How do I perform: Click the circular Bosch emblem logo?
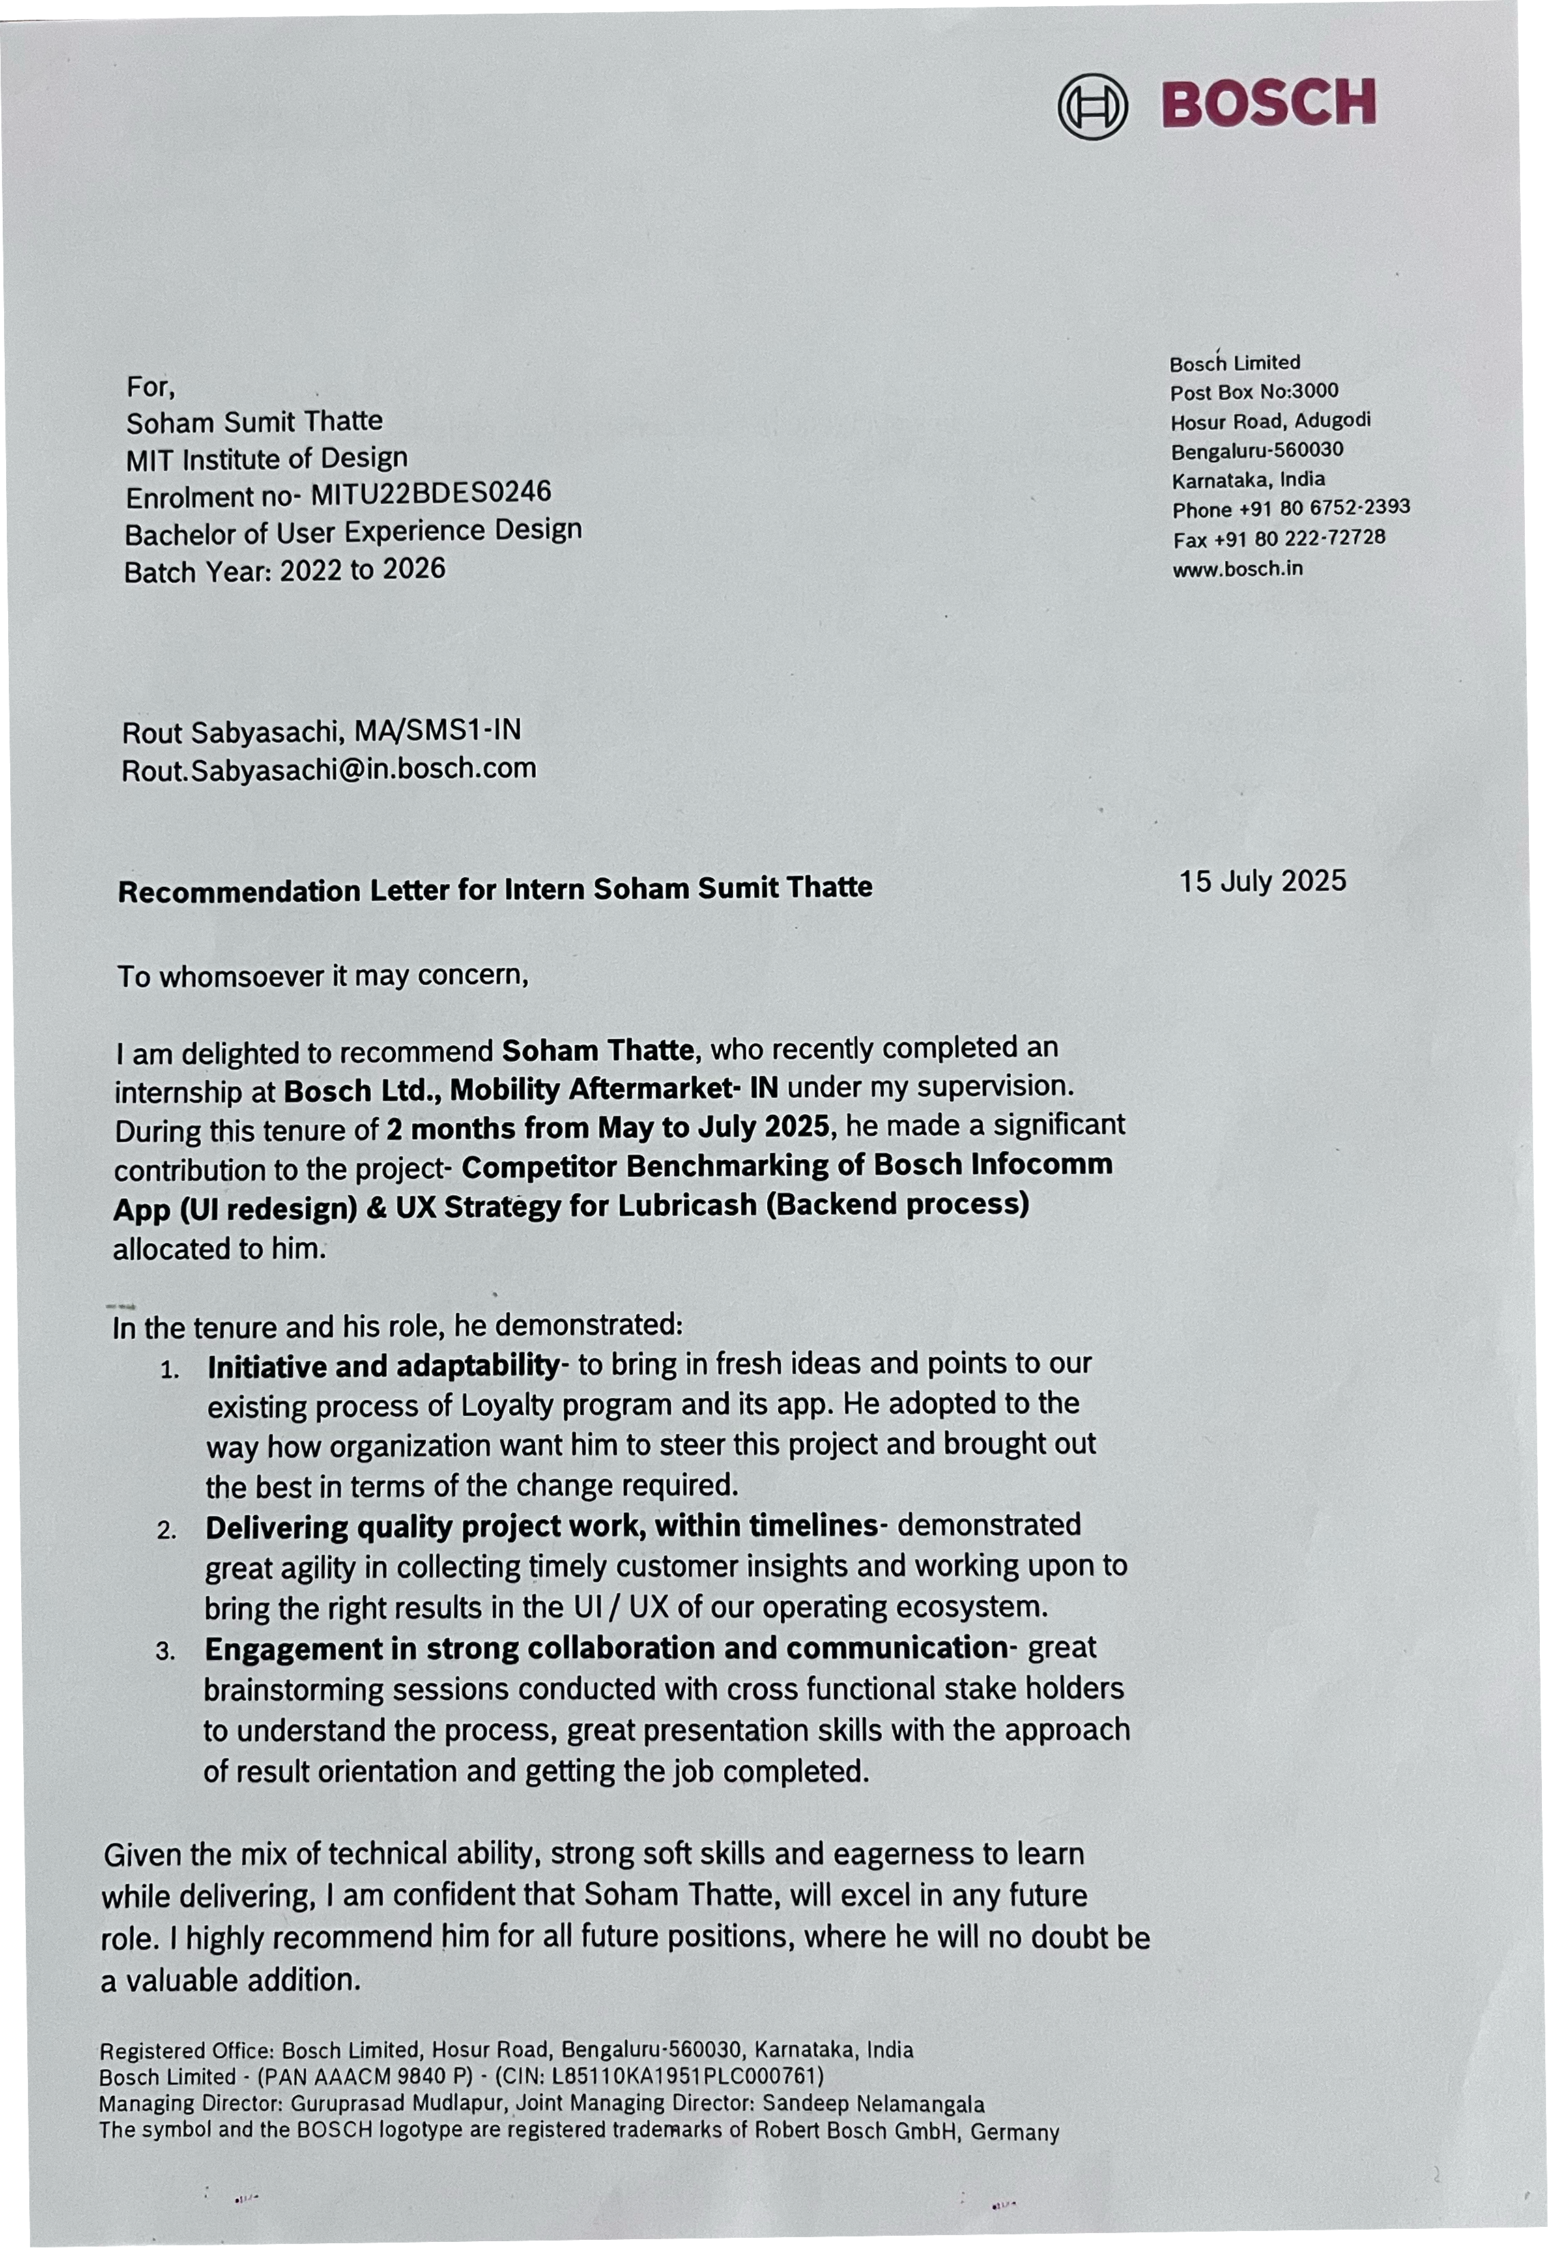(x=1092, y=106)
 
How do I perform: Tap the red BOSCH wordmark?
(x=1269, y=103)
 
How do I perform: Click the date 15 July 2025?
(x=1263, y=881)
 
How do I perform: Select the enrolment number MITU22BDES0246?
(x=431, y=494)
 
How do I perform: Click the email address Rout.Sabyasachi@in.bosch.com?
(x=329, y=769)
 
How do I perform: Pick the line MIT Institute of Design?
(x=267, y=458)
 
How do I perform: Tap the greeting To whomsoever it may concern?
(x=323, y=975)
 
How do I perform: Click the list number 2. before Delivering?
(x=166, y=1531)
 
